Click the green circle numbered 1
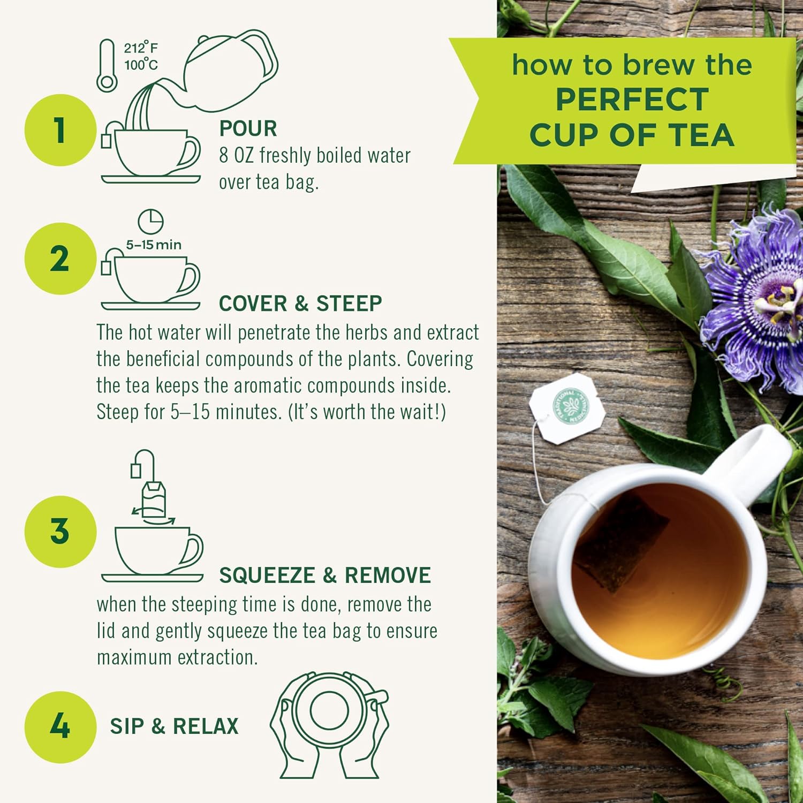tap(60, 130)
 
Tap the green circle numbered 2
tap(60, 259)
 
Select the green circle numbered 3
tap(60, 531)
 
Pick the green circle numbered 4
tap(60, 726)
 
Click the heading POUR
tap(248, 128)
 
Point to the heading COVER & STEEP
tap(300, 304)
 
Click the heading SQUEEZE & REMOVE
tap(325, 575)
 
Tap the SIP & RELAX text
tap(174, 726)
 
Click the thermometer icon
tap(107, 66)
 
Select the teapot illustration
tap(230, 70)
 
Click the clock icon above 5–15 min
tap(150, 222)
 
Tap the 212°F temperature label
tap(141, 48)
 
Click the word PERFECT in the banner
tap(632, 100)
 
